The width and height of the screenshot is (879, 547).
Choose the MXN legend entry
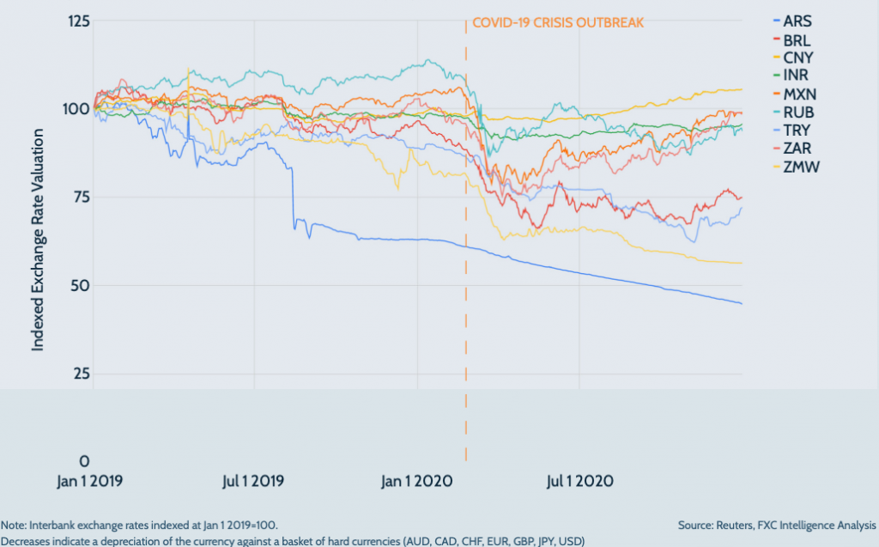pyautogui.click(x=799, y=94)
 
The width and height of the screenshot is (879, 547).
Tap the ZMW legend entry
pyautogui.click(x=800, y=166)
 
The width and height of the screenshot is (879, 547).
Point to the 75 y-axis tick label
pyautogui.click(x=80, y=197)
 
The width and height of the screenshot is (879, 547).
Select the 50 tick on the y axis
pyautogui.click(x=80, y=285)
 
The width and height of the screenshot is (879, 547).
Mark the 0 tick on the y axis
pyautogui.click(x=83, y=461)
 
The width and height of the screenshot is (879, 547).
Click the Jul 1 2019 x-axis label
pyautogui.click(x=255, y=480)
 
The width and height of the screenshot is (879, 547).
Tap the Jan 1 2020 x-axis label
pyautogui.click(x=417, y=480)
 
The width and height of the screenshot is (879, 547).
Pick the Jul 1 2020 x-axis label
pyautogui.click(x=579, y=480)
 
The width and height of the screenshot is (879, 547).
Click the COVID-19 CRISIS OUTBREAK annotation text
pyautogui.click(x=558, y=22)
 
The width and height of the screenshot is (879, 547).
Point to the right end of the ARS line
pyautogui.click(x=742, y=303)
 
